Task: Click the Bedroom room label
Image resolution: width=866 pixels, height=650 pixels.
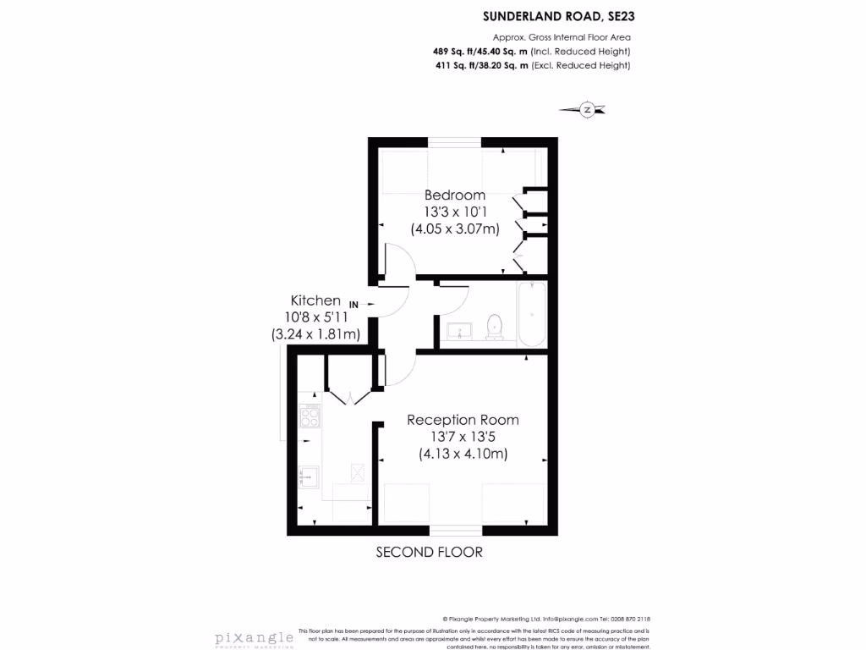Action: (455, 196)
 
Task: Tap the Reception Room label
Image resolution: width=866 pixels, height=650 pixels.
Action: (463, 420)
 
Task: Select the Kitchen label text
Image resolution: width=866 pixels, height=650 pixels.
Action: (315, 300)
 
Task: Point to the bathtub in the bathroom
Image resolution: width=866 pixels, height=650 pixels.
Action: (532, 314)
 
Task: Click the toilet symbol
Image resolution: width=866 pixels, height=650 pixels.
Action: (495, 326)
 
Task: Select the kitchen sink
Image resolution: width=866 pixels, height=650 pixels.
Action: (309, 477)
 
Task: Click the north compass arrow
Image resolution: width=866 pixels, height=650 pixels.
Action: (587, 109)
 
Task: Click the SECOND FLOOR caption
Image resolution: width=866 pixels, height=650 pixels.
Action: (429, 553)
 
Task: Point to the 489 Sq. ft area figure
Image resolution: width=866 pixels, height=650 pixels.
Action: (454, 52)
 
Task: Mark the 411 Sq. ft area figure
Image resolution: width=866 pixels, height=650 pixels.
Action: (454, 66)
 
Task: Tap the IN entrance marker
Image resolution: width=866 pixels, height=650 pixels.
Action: (354, 304)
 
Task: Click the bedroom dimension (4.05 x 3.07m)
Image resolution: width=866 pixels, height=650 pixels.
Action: (455, 228)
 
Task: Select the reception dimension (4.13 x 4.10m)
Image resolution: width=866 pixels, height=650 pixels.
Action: (463, 454)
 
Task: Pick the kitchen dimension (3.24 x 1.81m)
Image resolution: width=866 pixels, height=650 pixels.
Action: (315, 334)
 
